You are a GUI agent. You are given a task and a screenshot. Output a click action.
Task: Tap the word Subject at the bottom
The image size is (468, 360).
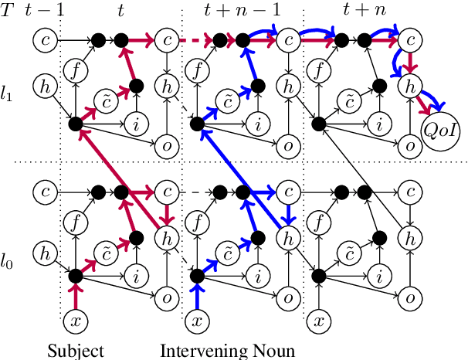[x=75, y=351]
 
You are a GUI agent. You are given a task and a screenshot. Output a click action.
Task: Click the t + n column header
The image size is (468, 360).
[x=364, y=9]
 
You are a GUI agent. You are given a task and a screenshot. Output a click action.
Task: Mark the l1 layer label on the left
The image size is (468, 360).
[x=7, y=96]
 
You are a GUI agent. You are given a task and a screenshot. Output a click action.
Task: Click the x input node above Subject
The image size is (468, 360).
[x=75, y=319]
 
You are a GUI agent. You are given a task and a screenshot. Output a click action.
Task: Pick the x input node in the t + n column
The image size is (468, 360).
[x=317, y=319]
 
